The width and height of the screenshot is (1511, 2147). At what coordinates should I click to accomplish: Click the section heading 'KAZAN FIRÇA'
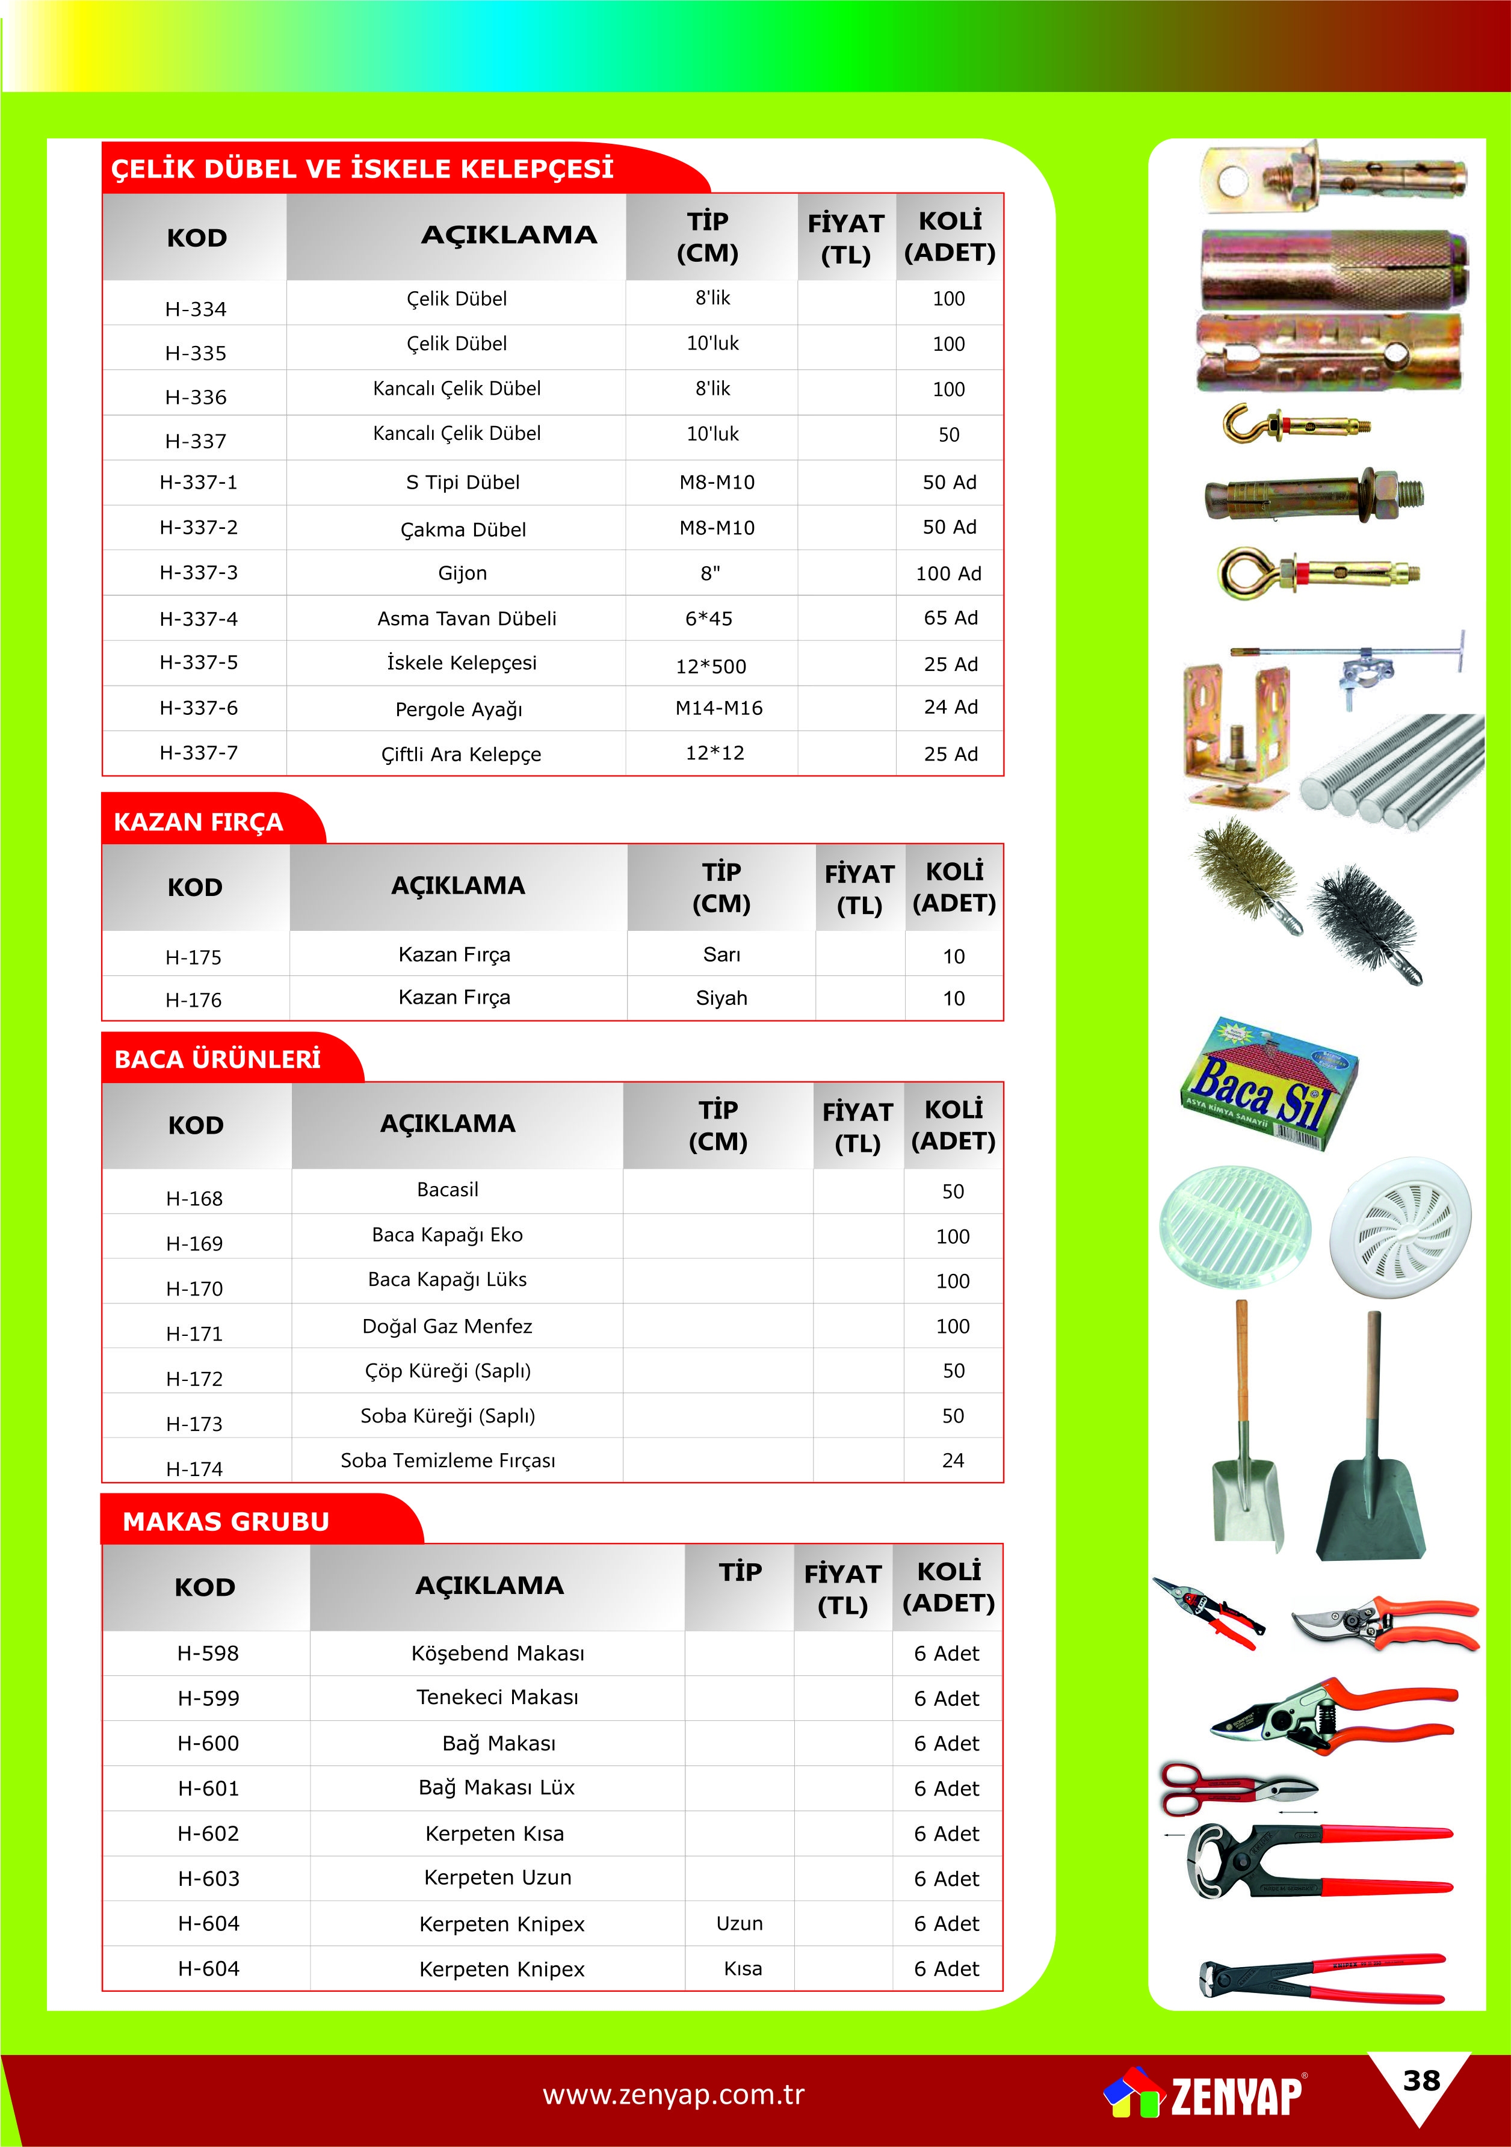tap(198, 822)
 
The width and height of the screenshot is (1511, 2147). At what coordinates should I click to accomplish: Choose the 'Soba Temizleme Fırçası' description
tap(448, 1460)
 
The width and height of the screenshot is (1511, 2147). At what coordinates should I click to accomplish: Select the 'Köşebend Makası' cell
tap(498, 1653)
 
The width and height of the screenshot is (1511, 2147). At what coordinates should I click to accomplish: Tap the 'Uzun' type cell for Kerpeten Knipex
tap(740, 1924)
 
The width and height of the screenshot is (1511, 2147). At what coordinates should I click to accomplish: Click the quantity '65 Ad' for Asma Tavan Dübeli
tap(950, 618)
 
